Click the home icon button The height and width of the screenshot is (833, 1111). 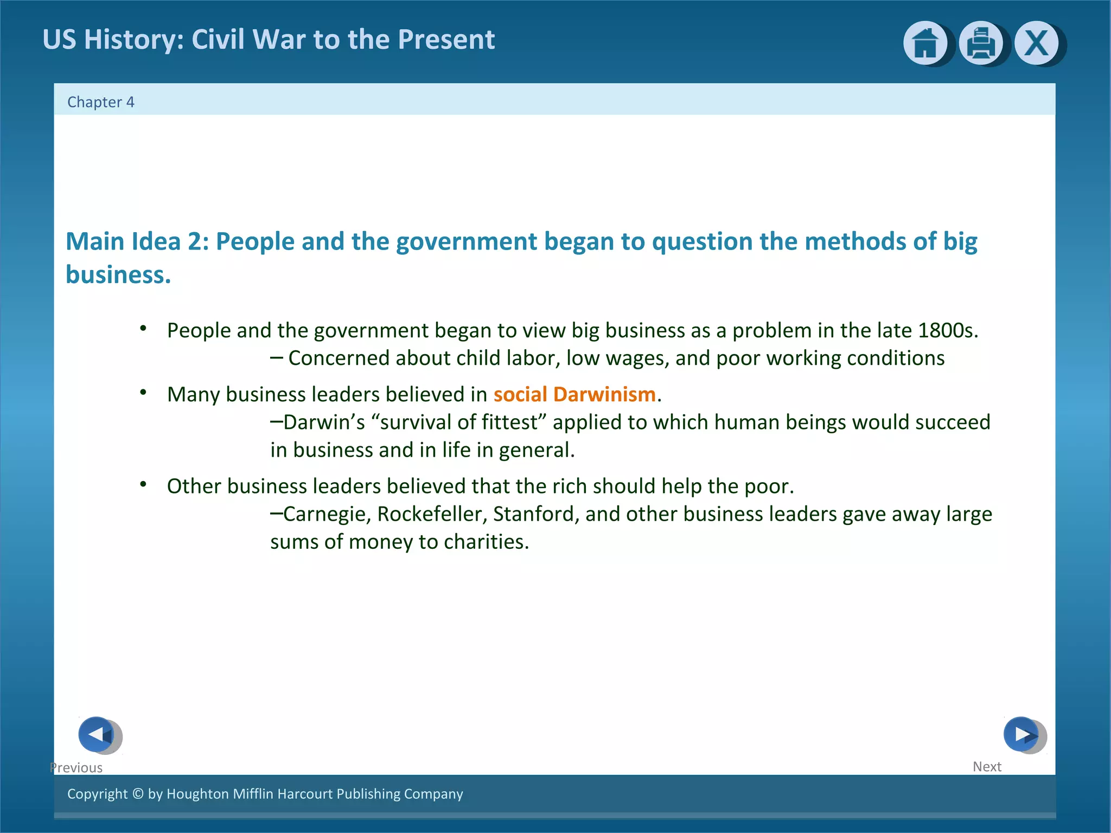point(925,43)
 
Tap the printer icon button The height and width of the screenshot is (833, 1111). point(981,43)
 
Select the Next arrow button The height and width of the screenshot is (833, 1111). point(1022,734)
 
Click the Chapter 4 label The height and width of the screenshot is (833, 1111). point(100,102)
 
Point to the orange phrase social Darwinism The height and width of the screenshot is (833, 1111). point(574,394)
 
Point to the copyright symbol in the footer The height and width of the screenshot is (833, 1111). point(138,793)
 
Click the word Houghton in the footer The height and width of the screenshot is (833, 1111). point(197,793)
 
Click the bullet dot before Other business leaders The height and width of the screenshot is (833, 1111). point(143,484)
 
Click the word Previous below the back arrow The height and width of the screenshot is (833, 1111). point(76,767)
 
